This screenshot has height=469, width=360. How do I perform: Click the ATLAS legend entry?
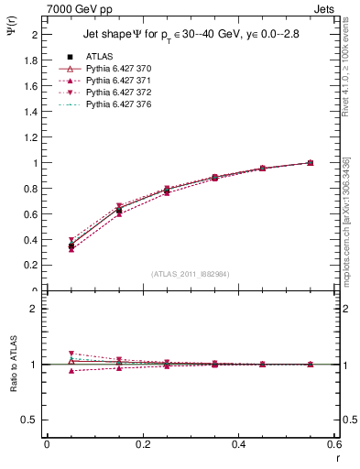[98, 57]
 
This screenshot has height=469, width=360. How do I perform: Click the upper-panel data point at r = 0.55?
[310, 163]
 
